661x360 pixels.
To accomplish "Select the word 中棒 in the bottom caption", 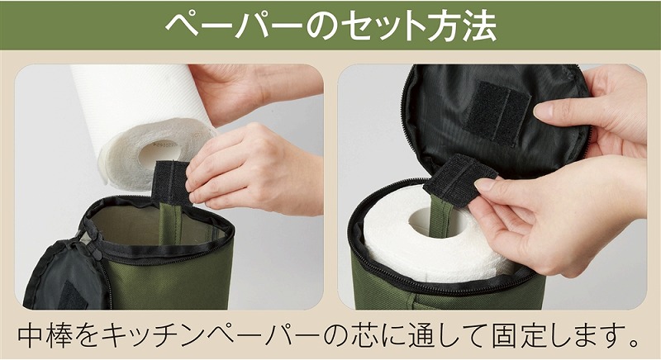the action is click(45, 334).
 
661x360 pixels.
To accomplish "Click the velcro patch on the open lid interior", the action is click(497, 112).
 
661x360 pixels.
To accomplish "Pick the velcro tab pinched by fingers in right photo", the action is click(460, 180).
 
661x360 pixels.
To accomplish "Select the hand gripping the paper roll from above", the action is click(253, 91).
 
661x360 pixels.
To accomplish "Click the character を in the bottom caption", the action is click(87, 334).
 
